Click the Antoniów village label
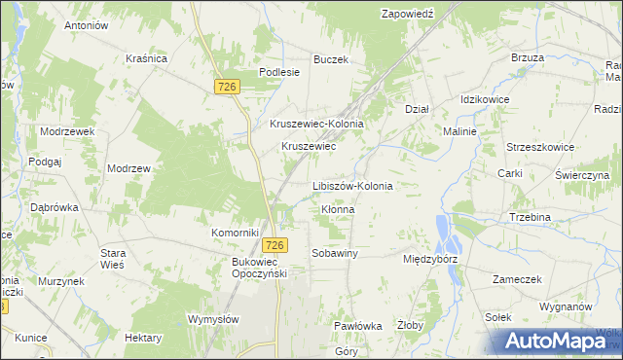(85, 25)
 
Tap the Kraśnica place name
(147, 58)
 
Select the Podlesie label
(277, 72)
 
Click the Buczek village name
(330, 59)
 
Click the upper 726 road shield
(227, 88)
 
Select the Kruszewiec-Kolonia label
(316, 125)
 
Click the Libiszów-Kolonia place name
(351, 186)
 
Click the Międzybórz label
(430, 261)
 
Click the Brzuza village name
(527, 57)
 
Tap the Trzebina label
(531, 217)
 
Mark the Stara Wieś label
(114, 260)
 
